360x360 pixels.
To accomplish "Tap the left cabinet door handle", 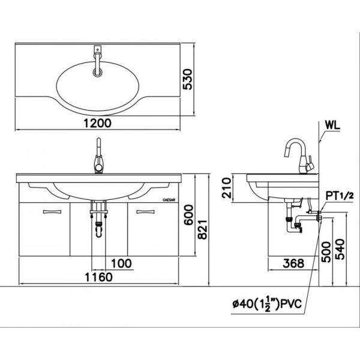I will [x=51, y=211].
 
